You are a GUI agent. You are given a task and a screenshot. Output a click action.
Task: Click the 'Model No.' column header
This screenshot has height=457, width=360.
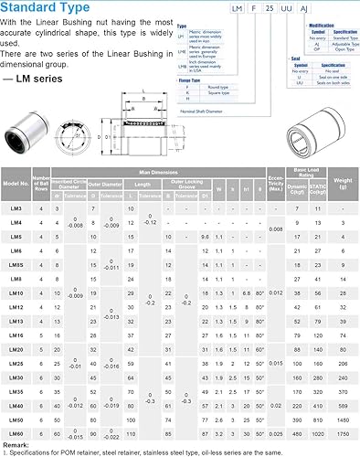16,182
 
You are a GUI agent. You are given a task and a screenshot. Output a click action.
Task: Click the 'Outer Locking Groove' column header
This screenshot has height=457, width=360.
191,182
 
